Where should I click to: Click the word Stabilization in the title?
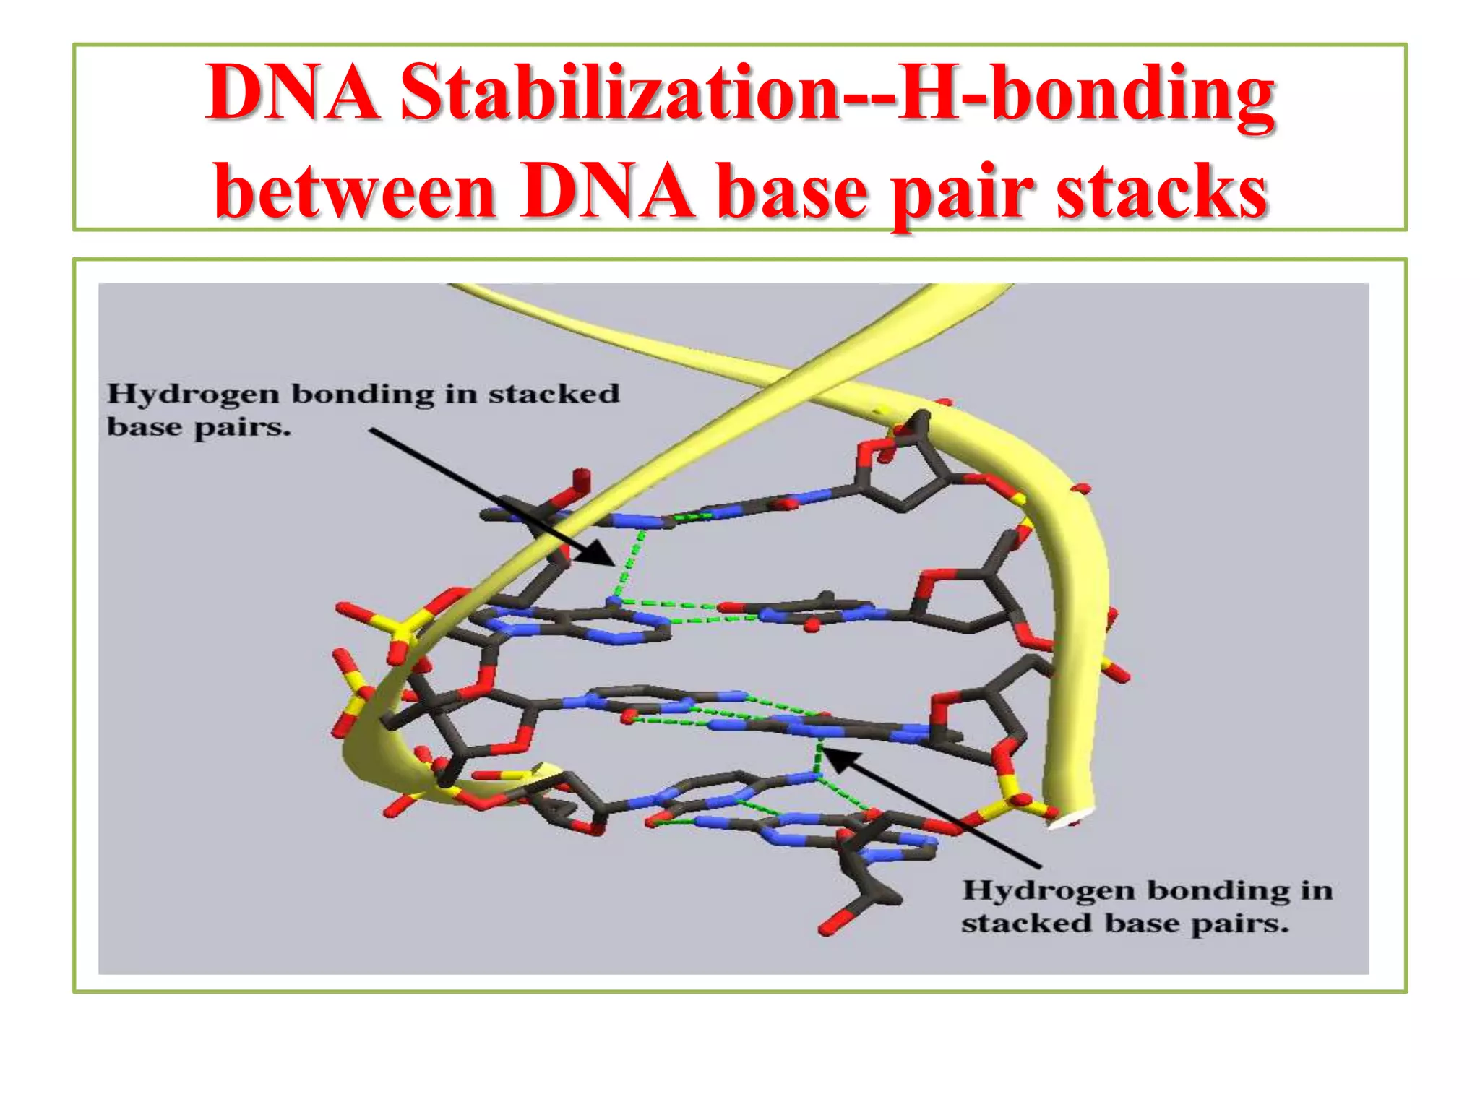pos(619,92)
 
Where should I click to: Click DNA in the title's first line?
pos(293,92)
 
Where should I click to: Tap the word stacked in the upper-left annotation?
pos(554,394)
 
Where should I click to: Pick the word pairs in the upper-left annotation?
pos(242,429)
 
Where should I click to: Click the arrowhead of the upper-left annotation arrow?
pos(604,556)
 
